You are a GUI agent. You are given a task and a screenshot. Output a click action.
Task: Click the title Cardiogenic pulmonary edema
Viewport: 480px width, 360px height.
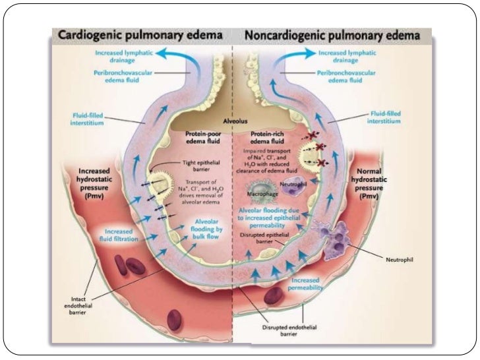coord(139,34)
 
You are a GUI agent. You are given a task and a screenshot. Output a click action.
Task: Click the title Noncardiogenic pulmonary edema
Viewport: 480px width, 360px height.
coord(333,34)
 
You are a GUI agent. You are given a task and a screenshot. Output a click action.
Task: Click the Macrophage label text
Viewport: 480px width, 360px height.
coord(260,195)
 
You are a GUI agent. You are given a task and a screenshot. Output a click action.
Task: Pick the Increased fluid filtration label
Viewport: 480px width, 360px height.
coord(120,235)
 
